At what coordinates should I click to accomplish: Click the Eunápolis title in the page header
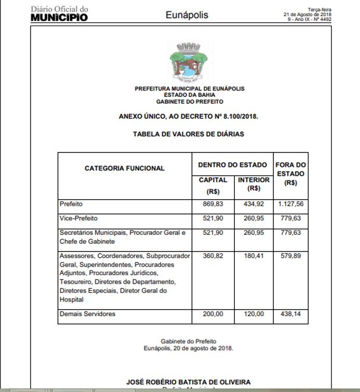[x=187, y=15]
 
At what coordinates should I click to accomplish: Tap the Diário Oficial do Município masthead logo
[x=59, y=14]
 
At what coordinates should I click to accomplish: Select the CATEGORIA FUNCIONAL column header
[x=124, y=168]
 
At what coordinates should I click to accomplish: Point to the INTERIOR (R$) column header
[x=254, y=184]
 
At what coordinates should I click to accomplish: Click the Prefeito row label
[x=71, y=204]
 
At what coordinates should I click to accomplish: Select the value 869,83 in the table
[x=213, y=204]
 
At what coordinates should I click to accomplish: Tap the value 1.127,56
[x=290, y=204]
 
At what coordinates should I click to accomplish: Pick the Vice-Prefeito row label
[x=78, y=218]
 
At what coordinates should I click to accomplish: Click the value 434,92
[x=254, y=204]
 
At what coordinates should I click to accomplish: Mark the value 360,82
[x=213, y=256]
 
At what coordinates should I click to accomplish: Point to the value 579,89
[x=290, y=256]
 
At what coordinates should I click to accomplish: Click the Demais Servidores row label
[x=87, y=314]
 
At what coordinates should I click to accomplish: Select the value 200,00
[x=213, y=314]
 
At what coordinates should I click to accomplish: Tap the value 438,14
[x=290, y=314]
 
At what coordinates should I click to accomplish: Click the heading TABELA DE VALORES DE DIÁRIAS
[x=188, y=134]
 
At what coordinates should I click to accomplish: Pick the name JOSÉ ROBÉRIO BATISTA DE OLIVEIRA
[x=188, y=382]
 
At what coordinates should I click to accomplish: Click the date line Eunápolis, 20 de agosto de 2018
[x=188, y=348]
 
